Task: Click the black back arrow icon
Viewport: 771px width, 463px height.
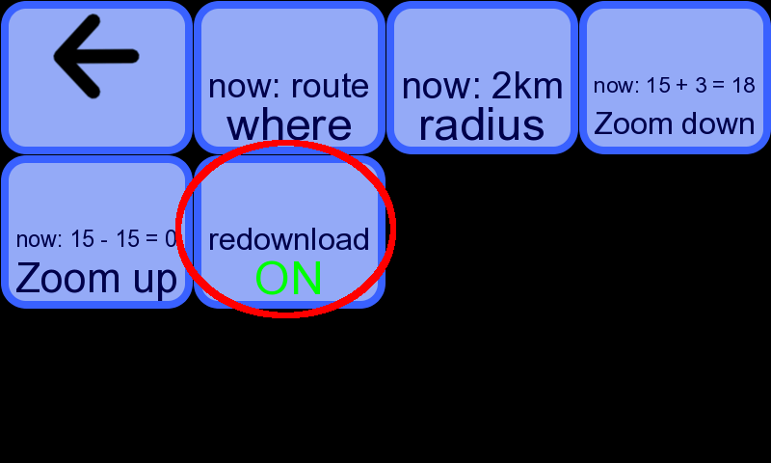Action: (x=95, y=57)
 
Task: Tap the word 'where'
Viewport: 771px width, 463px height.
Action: (x=289, y=125)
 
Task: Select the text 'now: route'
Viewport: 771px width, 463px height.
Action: (x=288, y=86)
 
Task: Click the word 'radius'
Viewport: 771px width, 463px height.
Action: (x=482, y=125)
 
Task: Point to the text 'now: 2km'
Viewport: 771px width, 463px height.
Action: (x=482, y=86)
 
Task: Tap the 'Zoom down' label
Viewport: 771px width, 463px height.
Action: (x=674, y=123)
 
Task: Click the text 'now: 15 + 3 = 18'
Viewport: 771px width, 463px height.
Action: (x=674, y=85)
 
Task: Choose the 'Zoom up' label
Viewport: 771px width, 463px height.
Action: (x=96, y=279)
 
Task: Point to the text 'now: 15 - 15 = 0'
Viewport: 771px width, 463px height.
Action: (x=96, y=238)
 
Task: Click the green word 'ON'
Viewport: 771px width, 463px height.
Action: (x=288, y=279)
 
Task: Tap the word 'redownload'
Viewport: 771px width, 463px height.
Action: (x=288, y=239)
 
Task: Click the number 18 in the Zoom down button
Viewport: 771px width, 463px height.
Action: (x=743, y=85)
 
